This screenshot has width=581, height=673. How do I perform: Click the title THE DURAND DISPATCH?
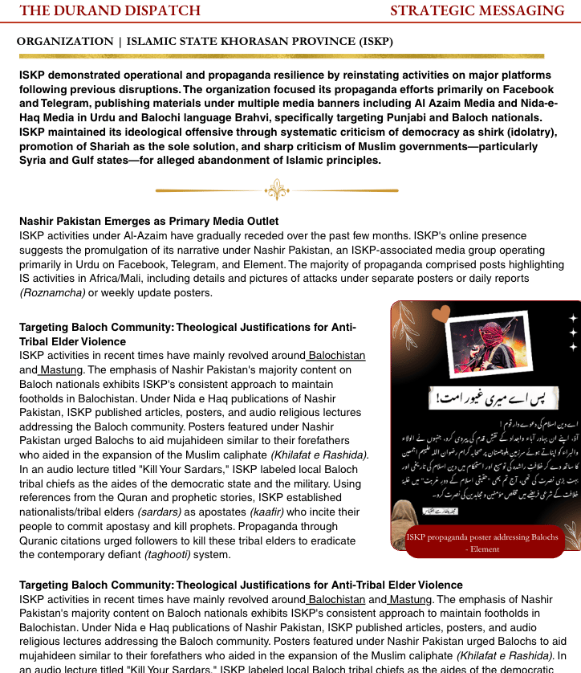pos(110,10)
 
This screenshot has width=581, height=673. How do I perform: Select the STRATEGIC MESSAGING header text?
pos(477,10)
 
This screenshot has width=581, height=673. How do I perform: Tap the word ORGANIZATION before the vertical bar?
pos(65,41)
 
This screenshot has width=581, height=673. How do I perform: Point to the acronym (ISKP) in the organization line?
pos(372,41)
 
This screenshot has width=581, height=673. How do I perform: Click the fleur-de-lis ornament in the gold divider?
pos(276,190)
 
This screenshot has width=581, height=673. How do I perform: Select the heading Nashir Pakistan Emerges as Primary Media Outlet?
pos(149,221)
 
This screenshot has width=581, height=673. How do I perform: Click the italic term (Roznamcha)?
pos(52,292)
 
